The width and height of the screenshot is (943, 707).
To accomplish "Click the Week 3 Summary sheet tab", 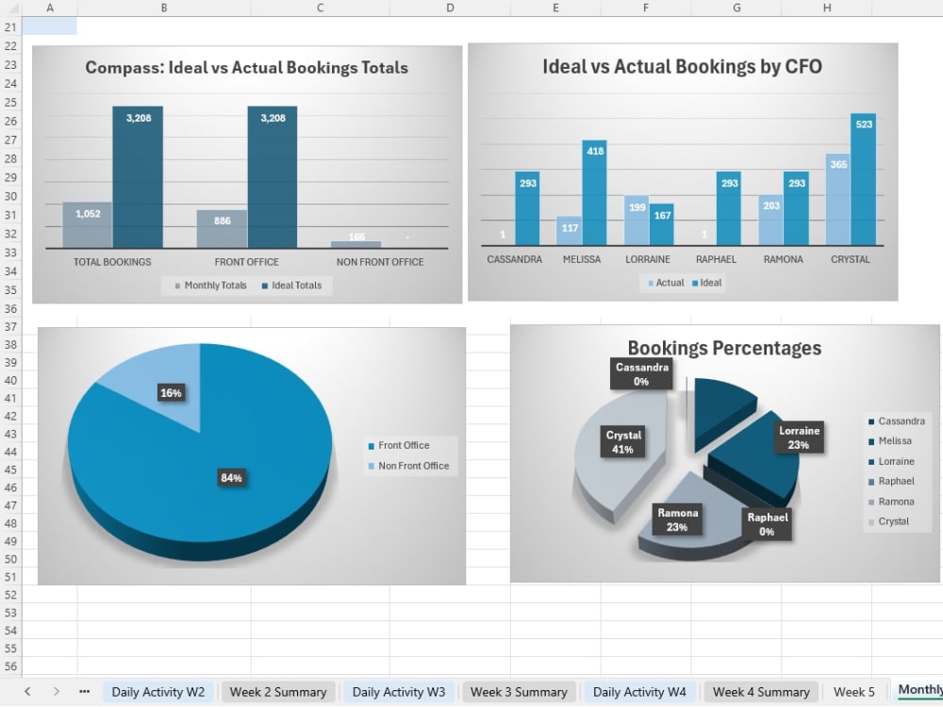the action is (x=519, y=692).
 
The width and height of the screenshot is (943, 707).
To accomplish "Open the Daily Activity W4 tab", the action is (x=639, y=692).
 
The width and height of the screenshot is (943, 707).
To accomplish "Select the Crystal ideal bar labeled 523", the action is (x=863, y=179).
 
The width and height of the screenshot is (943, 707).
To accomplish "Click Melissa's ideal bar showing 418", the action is (x=595, y=192).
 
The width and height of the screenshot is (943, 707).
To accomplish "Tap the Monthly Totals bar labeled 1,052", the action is (x=87, y=225).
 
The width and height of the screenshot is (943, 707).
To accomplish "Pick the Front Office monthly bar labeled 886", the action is (x=222, y=228).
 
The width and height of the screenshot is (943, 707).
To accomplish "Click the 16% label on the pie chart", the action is (x=171, y=393).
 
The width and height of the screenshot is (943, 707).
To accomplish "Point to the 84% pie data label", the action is (x=231, y=478).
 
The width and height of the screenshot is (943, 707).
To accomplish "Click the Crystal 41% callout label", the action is (x=623, y=442).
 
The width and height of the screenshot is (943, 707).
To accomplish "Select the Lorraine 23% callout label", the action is (x=800, y=437).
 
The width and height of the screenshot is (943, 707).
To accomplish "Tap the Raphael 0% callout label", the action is (x=768, y=524).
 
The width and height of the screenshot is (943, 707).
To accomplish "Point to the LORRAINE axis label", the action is (x=648, y=259).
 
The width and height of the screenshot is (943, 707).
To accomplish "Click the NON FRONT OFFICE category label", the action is (x=380, y=262).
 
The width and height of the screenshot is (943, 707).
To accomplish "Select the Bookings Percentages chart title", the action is (x=724, y=348).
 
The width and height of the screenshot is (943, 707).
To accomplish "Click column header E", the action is (x=555, y=8).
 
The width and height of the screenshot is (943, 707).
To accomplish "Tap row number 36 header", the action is (x=10, y=309).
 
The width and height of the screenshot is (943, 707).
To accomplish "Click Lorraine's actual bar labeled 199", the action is (x=637, y=221).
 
